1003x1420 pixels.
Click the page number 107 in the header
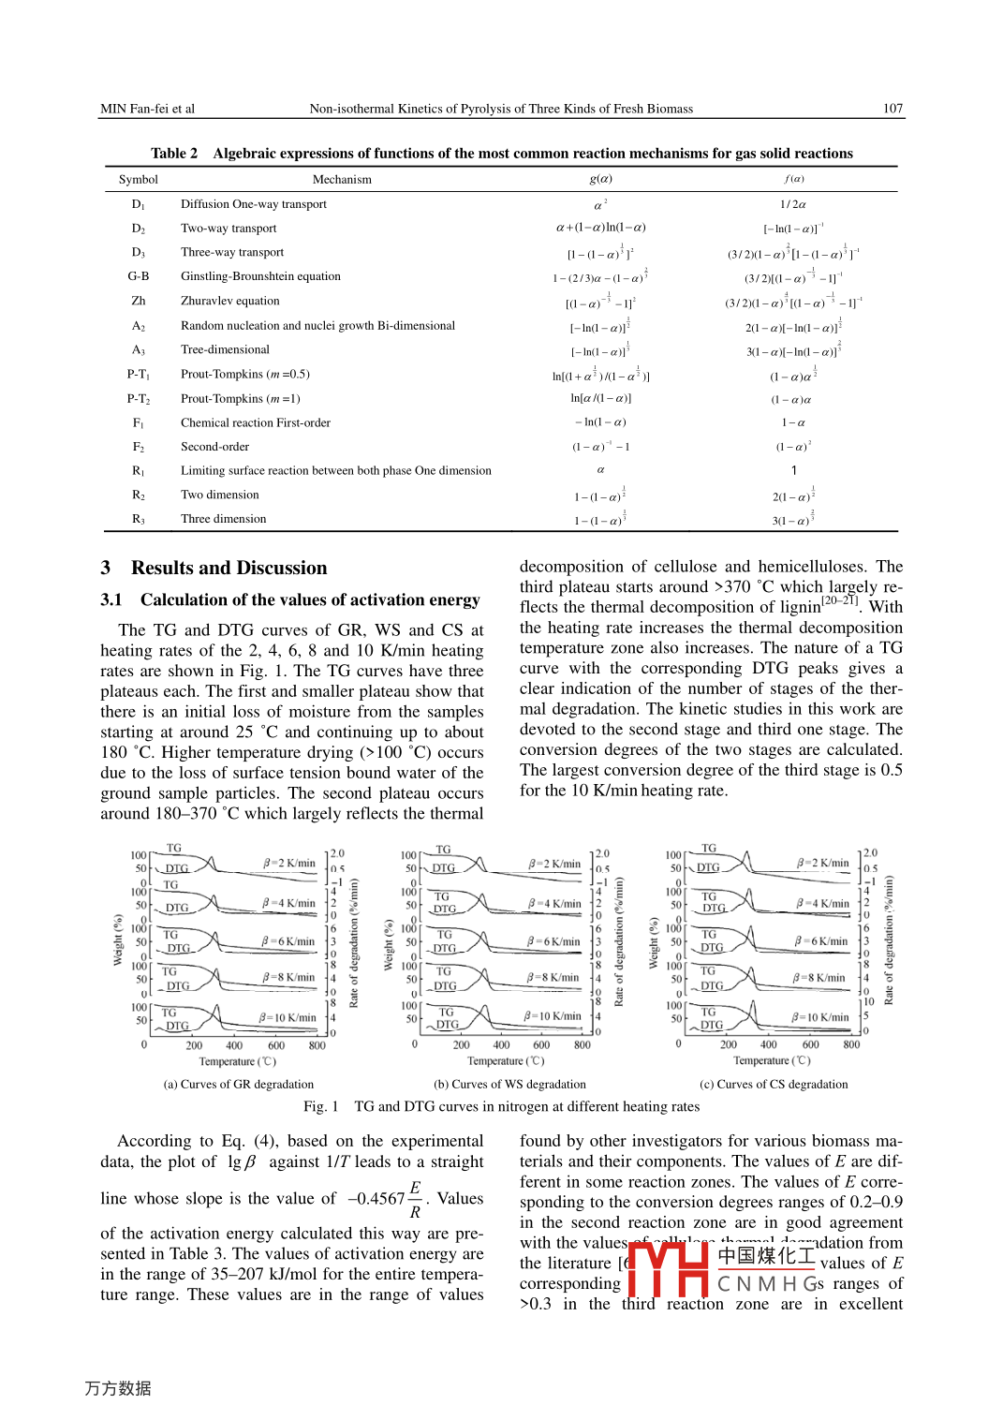[x=892, y=109]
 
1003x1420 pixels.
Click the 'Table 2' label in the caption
[x=174, y=154]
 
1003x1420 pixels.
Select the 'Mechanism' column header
[x=342, y=180]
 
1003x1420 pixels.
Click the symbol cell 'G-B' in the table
[x=139, y=276]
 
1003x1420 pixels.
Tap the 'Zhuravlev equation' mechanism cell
[x=230, y=301]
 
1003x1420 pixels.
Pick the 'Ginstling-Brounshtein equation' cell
[x=260, y=276]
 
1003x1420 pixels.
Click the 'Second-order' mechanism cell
[x=214, y=447]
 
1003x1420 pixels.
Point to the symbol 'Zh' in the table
[x=139, y=301]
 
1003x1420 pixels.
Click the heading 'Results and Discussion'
[x=229, y=568]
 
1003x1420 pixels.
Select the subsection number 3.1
[x=111, y=599]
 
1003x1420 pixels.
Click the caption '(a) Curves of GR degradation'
[x=239, y=1085]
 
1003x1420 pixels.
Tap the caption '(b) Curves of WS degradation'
[x=509, y=1085]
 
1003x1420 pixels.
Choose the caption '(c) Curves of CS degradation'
[x=774, y=1085]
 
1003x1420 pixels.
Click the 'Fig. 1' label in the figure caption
[x=320, y=1106]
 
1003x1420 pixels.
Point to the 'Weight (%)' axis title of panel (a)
[x=118, y=939]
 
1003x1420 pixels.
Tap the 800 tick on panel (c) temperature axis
[x=851, y=1044]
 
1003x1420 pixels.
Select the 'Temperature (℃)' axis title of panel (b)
[x=506, y=1061]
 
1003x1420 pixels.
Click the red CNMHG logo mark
[x=667, y=1268]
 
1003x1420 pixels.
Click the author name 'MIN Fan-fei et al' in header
[x=148, y=109]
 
